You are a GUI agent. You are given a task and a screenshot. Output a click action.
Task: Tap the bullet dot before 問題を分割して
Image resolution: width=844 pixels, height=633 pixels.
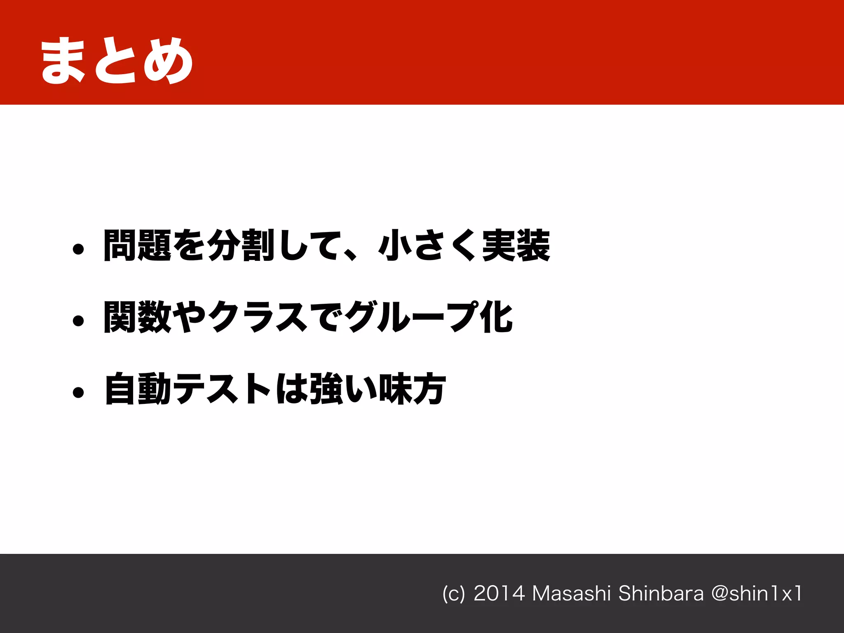click(x=78, y=249)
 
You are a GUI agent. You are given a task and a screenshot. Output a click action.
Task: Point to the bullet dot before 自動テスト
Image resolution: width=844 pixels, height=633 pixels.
click(x=78, y=392)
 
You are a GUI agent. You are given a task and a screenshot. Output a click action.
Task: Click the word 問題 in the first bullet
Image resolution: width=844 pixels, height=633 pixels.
click(x=137, y=246)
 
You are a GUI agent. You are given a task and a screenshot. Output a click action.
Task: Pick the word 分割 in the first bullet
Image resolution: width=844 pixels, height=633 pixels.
click(x=241, y=246)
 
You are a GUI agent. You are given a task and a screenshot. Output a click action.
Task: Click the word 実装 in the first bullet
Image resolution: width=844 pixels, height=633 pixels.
click(x=516, y=246)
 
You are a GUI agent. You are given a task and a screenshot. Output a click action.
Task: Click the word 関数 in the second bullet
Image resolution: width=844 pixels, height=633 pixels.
click(x=137, y=317)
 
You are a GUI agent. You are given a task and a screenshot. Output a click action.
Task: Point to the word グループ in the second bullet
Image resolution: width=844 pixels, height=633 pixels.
click(x=412, y=317)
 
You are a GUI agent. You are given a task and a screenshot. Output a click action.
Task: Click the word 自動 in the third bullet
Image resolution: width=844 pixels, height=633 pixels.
click(x=137, y=389)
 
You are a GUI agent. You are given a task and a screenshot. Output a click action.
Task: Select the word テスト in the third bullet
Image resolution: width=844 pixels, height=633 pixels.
click(x=223, y=389)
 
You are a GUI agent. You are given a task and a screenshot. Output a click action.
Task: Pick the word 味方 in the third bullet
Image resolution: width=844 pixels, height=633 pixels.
click(x=412, y=389)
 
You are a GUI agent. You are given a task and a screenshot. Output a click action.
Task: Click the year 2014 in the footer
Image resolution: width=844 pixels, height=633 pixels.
click(x=499, y=593)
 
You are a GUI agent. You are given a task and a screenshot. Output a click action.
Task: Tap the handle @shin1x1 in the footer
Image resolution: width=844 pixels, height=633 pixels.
click(x=757, y=593)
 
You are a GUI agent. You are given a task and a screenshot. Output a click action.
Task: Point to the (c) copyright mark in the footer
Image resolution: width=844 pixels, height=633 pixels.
click(x=453, y=594)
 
